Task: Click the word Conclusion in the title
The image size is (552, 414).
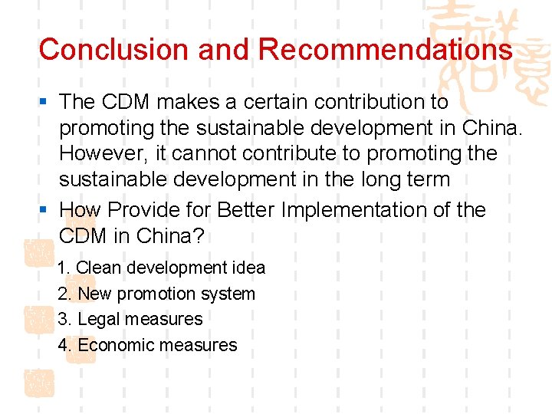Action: click(x=98, y=50)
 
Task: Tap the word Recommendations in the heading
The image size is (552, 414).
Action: click(x=385, y=50)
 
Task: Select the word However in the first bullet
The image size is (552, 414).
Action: click(x=103, y=153)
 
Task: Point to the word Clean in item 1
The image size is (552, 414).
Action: click(x=99, y=268)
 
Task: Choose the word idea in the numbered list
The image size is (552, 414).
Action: click(x=248, y=268)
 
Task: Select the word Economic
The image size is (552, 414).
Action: click(x=114, y=345)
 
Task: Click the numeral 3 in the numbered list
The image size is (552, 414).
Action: click(x=63, y=319)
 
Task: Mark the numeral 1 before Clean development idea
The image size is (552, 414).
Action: click(x=63, y=268)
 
